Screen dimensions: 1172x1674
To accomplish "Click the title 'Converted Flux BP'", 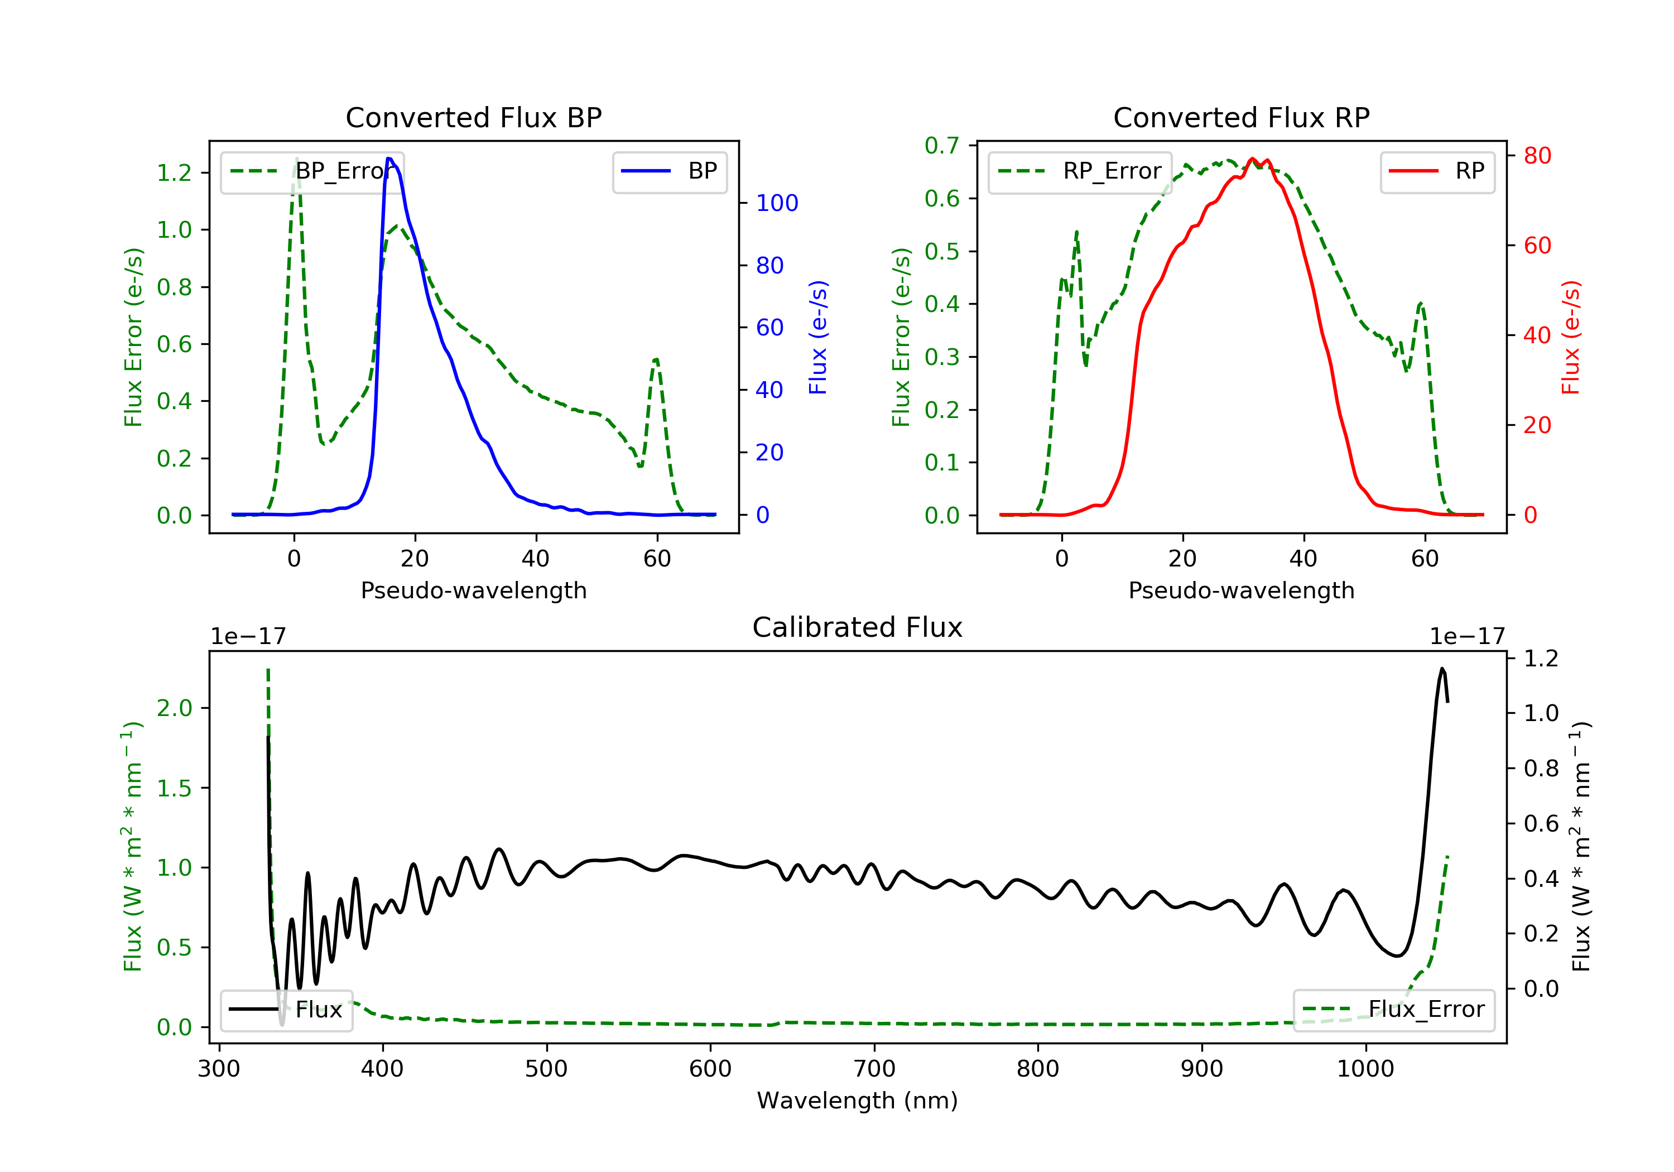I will (473, 117).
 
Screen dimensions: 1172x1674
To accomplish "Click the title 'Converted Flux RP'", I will (1241, 117).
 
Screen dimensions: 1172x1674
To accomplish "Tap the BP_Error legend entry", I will (312, 171).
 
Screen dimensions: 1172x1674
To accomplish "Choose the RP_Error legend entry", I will (1080, 171).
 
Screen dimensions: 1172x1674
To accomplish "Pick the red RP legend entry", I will (1437, 171).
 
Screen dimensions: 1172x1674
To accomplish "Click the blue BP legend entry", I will (669, 171).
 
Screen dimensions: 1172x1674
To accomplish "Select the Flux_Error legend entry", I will (1393, 1010).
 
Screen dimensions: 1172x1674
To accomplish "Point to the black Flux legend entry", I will (287, 1010).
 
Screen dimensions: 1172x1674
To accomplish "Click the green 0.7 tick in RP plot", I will (941, 146).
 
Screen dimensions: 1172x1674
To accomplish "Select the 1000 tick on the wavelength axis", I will (1365, 1069).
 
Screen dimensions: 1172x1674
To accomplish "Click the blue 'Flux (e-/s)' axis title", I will (818, 338).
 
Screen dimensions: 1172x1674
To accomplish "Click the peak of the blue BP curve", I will (389, 158).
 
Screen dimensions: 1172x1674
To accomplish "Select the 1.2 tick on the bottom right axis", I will (1541, 659).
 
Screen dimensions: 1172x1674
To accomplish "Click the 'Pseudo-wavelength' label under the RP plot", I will (1241, 590).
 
